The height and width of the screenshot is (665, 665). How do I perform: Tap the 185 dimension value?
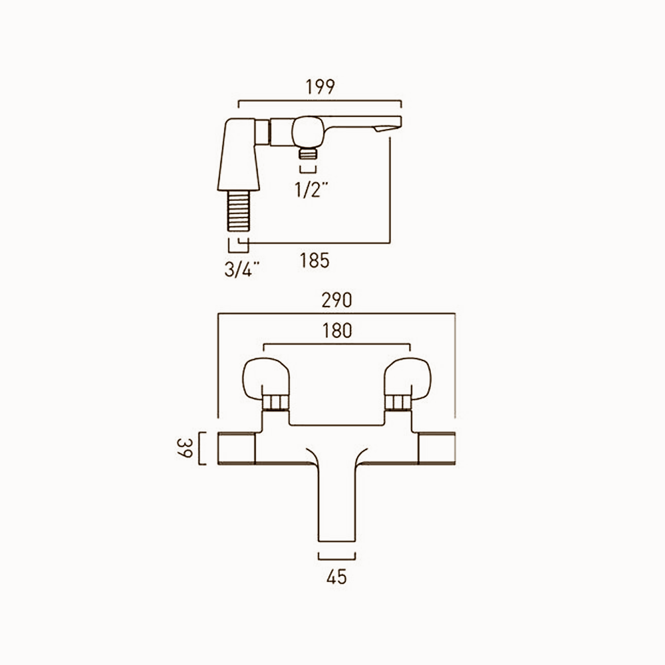(315, 261)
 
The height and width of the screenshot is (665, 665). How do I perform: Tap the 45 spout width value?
(337, 577)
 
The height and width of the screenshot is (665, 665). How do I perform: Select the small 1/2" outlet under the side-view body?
(307, 154)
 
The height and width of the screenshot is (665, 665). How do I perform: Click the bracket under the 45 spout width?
(338, 555)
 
